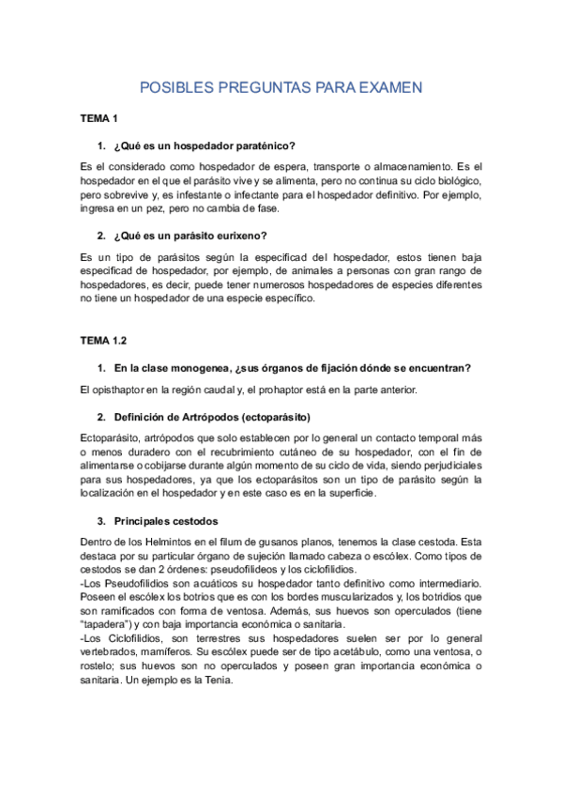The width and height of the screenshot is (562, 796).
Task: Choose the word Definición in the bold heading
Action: point(143,415)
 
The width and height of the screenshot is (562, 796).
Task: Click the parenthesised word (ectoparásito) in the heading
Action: point(276,415)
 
